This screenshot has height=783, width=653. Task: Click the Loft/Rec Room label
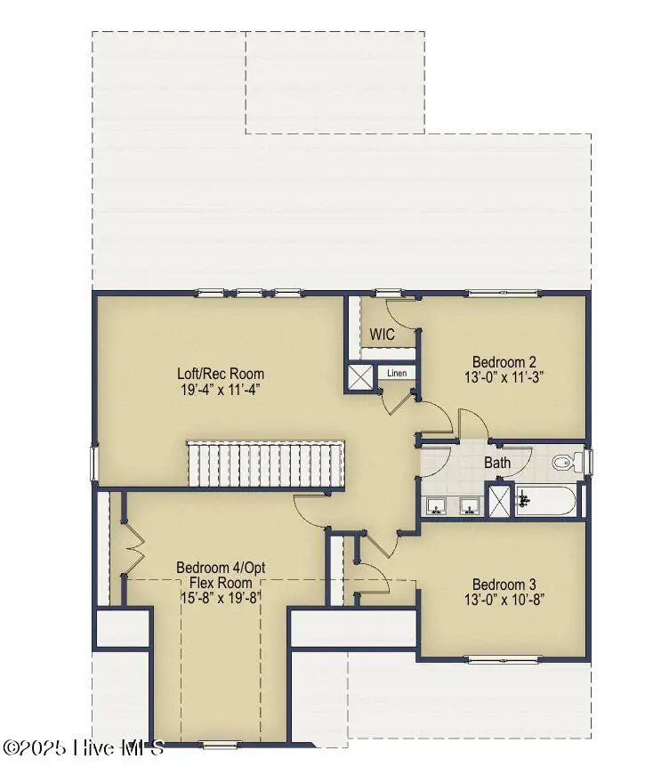[221, 374]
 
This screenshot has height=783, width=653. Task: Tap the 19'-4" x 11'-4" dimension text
[221, 389]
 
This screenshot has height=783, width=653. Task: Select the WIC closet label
[383, 335]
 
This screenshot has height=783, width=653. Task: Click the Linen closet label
[398, 373]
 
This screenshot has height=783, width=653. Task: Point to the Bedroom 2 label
[504, 361]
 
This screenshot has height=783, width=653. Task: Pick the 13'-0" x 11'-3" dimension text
[504, 376]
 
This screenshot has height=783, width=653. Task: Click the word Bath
[496, 463]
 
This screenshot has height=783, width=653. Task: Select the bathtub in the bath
[547, 500]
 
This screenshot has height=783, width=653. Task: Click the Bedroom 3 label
[504, 584]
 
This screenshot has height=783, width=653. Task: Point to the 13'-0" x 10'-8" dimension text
[504, 599]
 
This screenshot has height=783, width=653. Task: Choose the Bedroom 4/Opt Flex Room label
[221, 575]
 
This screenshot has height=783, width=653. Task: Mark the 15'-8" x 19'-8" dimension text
[221, 598]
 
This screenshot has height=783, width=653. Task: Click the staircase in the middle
[265, 464]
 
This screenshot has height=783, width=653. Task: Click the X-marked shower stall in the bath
[501, 499]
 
